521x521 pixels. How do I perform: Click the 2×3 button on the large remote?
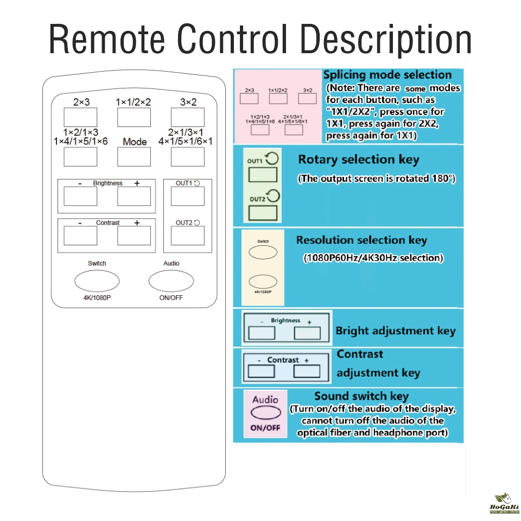click(x=80, y=117)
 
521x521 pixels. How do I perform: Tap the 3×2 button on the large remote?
click(x=188, y=117)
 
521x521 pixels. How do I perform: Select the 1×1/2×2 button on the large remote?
click(x=134, y=117)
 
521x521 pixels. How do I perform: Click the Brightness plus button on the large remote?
click(x=134, y=196)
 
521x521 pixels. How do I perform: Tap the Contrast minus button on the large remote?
click(x=80, y=236)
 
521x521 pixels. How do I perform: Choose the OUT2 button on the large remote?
click(x=188, y=236)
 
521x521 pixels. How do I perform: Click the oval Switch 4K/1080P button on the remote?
click(x=97, y=281)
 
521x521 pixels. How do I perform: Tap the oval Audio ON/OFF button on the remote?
click(x=171, y=281)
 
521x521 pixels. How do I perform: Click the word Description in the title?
click(x=386, y=40)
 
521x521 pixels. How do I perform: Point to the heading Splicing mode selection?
click(x=387, y=75)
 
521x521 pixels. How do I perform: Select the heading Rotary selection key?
click(x=359, y=160)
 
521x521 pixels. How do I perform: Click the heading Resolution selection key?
click(x=361, y=240)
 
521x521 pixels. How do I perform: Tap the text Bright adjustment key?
click(x=396, y=331)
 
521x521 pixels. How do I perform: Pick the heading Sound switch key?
click(x=361, y=396)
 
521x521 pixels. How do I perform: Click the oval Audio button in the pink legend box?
click(x=265, y=412)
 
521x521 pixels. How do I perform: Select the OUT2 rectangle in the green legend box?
click(x=263, y=213)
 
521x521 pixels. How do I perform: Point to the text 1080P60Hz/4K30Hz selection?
click(x=373, y=258)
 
